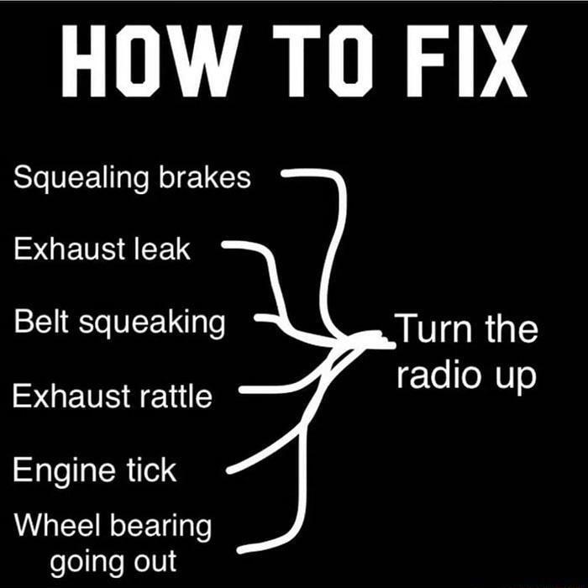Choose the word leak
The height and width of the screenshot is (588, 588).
tap(161, 249)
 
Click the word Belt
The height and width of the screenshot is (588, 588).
tap(42, 322)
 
